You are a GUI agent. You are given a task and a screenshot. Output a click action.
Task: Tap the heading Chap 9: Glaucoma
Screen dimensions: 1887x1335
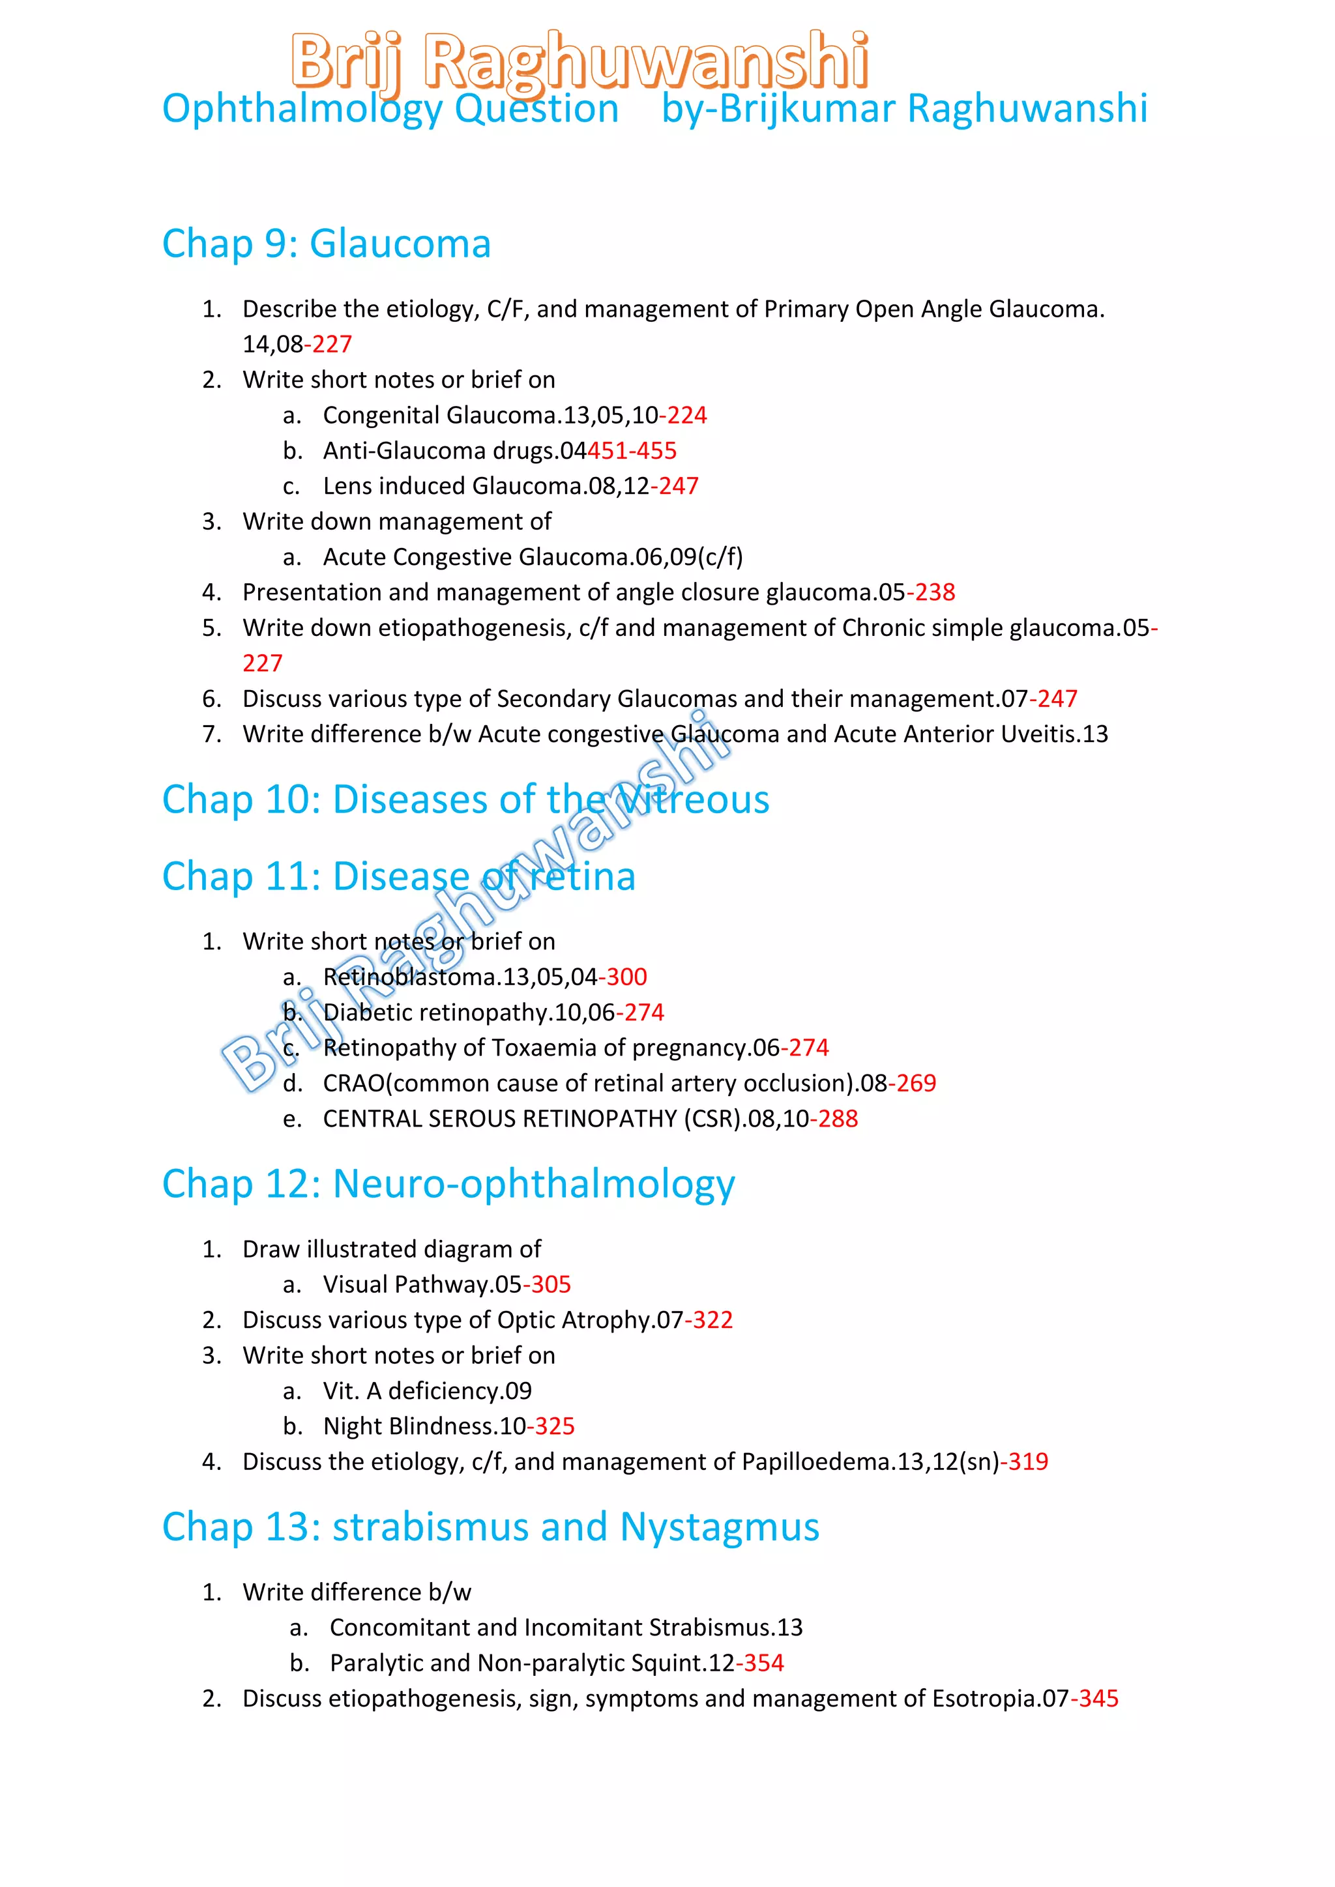pos(327,244)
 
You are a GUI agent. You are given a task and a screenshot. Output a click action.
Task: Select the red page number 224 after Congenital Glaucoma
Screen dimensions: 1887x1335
pos(687,415)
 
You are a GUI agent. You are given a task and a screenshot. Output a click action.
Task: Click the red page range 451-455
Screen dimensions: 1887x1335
pos(632,450)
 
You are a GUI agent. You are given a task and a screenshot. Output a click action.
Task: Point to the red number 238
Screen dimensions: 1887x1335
pos(935,592)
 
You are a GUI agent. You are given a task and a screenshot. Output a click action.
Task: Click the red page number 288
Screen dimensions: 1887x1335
pos(838,1119)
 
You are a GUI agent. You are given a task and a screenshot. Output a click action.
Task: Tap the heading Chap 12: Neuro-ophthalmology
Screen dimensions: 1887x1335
pos(448,1185)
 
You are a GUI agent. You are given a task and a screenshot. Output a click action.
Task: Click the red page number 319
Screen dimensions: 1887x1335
pos(1029,1462)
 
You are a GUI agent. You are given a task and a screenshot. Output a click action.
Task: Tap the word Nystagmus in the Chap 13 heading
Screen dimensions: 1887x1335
pos(719,1527)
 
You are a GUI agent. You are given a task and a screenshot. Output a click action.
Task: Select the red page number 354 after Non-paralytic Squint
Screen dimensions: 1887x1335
pos(764,1663)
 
